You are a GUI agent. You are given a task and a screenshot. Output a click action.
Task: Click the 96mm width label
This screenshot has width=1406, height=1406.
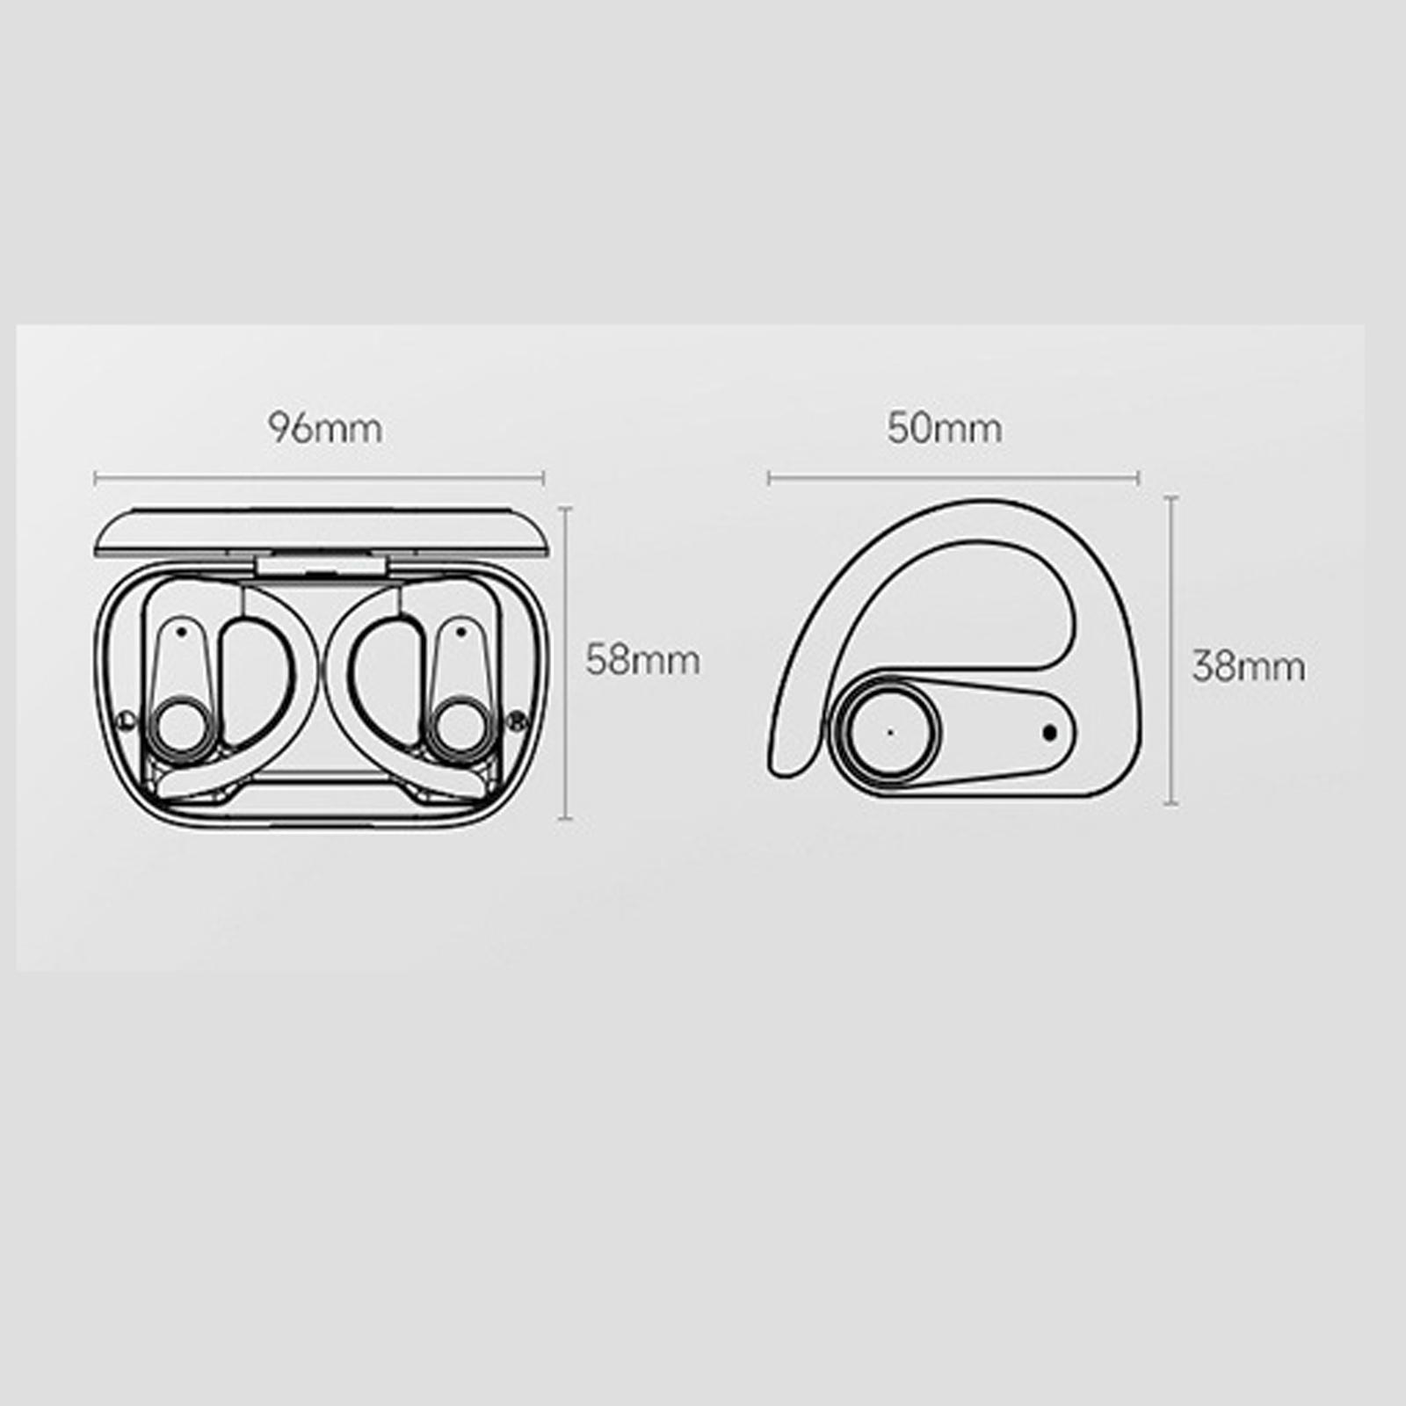[x=325, y=429]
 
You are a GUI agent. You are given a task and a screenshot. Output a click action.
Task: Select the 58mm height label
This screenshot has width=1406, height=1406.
[x=642, y=660]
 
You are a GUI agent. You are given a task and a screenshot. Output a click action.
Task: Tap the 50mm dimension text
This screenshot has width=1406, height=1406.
[x=944, y=429]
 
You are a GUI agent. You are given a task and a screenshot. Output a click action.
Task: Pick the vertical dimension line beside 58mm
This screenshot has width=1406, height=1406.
[x=566, y=663]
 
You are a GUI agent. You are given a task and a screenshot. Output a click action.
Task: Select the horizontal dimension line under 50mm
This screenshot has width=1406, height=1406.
[x=953, y=479]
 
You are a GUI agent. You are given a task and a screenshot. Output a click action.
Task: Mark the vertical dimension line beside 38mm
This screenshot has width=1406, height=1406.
[x=1171, y=650]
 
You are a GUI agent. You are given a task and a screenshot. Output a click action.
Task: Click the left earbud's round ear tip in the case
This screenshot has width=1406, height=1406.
[x=180, y=725]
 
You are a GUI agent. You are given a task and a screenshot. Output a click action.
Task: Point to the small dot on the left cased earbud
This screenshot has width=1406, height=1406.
[x=181, y=630]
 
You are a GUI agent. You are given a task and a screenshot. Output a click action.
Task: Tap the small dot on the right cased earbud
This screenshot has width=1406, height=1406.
[x=460, y=630]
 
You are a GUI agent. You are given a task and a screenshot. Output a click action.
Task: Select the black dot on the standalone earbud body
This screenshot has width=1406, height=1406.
[x=1049, y=731]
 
